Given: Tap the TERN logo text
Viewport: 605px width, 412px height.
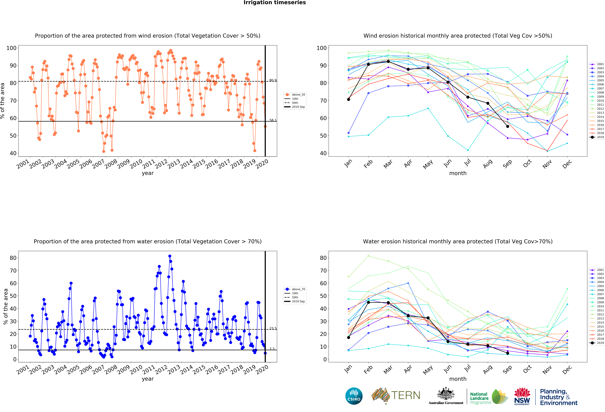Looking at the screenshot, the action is pos(406,395).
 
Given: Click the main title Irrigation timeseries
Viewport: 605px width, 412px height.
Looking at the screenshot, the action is pos(275,3).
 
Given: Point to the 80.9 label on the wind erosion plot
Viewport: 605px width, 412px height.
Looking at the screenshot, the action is pos(273,80).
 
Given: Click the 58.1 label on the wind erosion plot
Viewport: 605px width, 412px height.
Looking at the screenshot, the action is pos(273,120).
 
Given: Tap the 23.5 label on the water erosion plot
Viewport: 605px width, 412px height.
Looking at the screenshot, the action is pos(273,328).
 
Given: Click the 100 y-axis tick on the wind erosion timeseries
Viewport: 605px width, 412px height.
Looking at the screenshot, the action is pos(11,48).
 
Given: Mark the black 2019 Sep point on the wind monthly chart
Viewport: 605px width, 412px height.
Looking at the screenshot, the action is pos(508,126).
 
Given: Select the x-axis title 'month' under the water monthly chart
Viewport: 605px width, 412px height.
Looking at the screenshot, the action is pos(458,379).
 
